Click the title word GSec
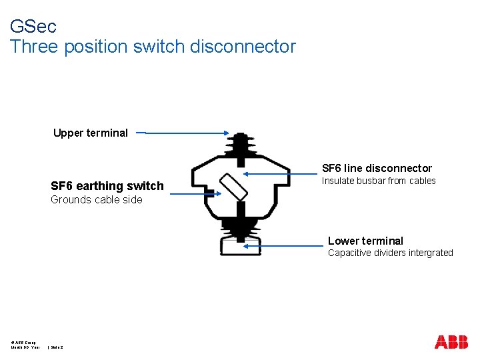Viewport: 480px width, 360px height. pos(33,27)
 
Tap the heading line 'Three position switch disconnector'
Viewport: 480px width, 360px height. pos(153,47)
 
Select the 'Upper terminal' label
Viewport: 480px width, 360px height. pos(90,133)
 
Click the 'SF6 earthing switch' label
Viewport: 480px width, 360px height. pos(107,186)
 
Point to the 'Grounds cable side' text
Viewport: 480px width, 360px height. pos(96,199)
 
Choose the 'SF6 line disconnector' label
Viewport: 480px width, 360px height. pos(377,168)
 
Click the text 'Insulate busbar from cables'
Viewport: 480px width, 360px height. pos(379,181)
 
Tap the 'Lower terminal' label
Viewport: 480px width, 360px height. pos(365,241)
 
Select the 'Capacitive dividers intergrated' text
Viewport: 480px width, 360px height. pos(390,253)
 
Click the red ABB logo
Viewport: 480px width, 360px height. pos(451,342)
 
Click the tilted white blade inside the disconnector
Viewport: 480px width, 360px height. pos(233,187)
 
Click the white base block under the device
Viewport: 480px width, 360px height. pos(240,246)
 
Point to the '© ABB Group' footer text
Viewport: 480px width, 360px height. pos(24,341)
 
